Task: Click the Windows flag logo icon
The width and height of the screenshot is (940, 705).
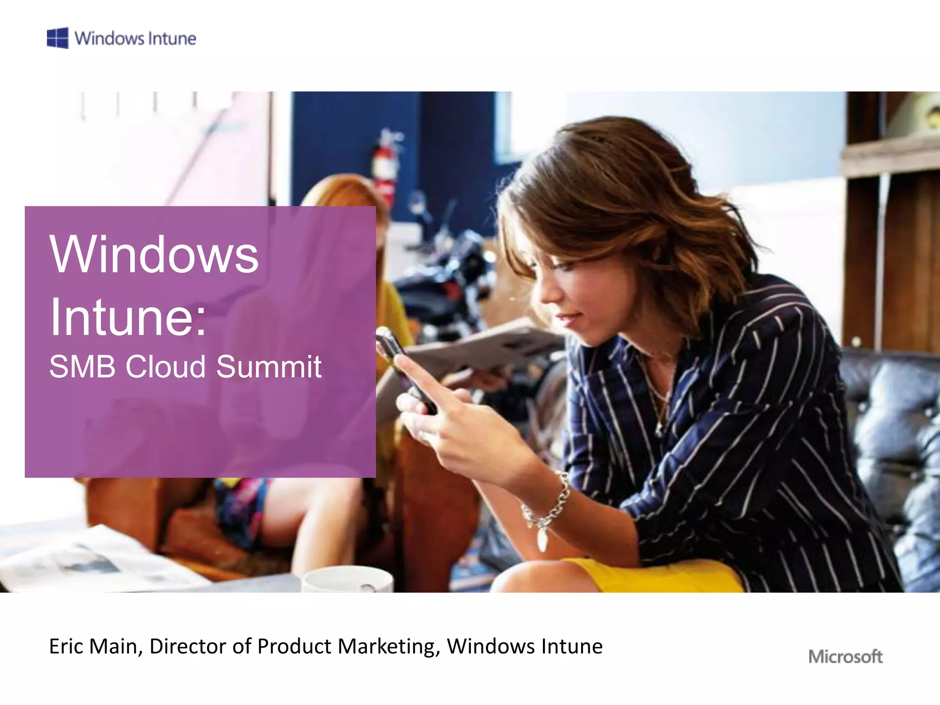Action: coord(58,38)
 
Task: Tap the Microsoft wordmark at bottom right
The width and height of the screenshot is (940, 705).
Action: coord(845,656)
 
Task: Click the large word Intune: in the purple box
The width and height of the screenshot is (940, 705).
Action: coord(128,317)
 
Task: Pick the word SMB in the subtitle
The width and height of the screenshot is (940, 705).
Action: coord(82,367)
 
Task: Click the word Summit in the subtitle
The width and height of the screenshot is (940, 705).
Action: coord(269,367)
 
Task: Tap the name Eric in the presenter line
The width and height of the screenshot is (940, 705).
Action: coord(67,646)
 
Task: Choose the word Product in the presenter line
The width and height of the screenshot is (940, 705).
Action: coord(294,646)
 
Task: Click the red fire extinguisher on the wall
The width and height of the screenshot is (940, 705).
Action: coord(385,165)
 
